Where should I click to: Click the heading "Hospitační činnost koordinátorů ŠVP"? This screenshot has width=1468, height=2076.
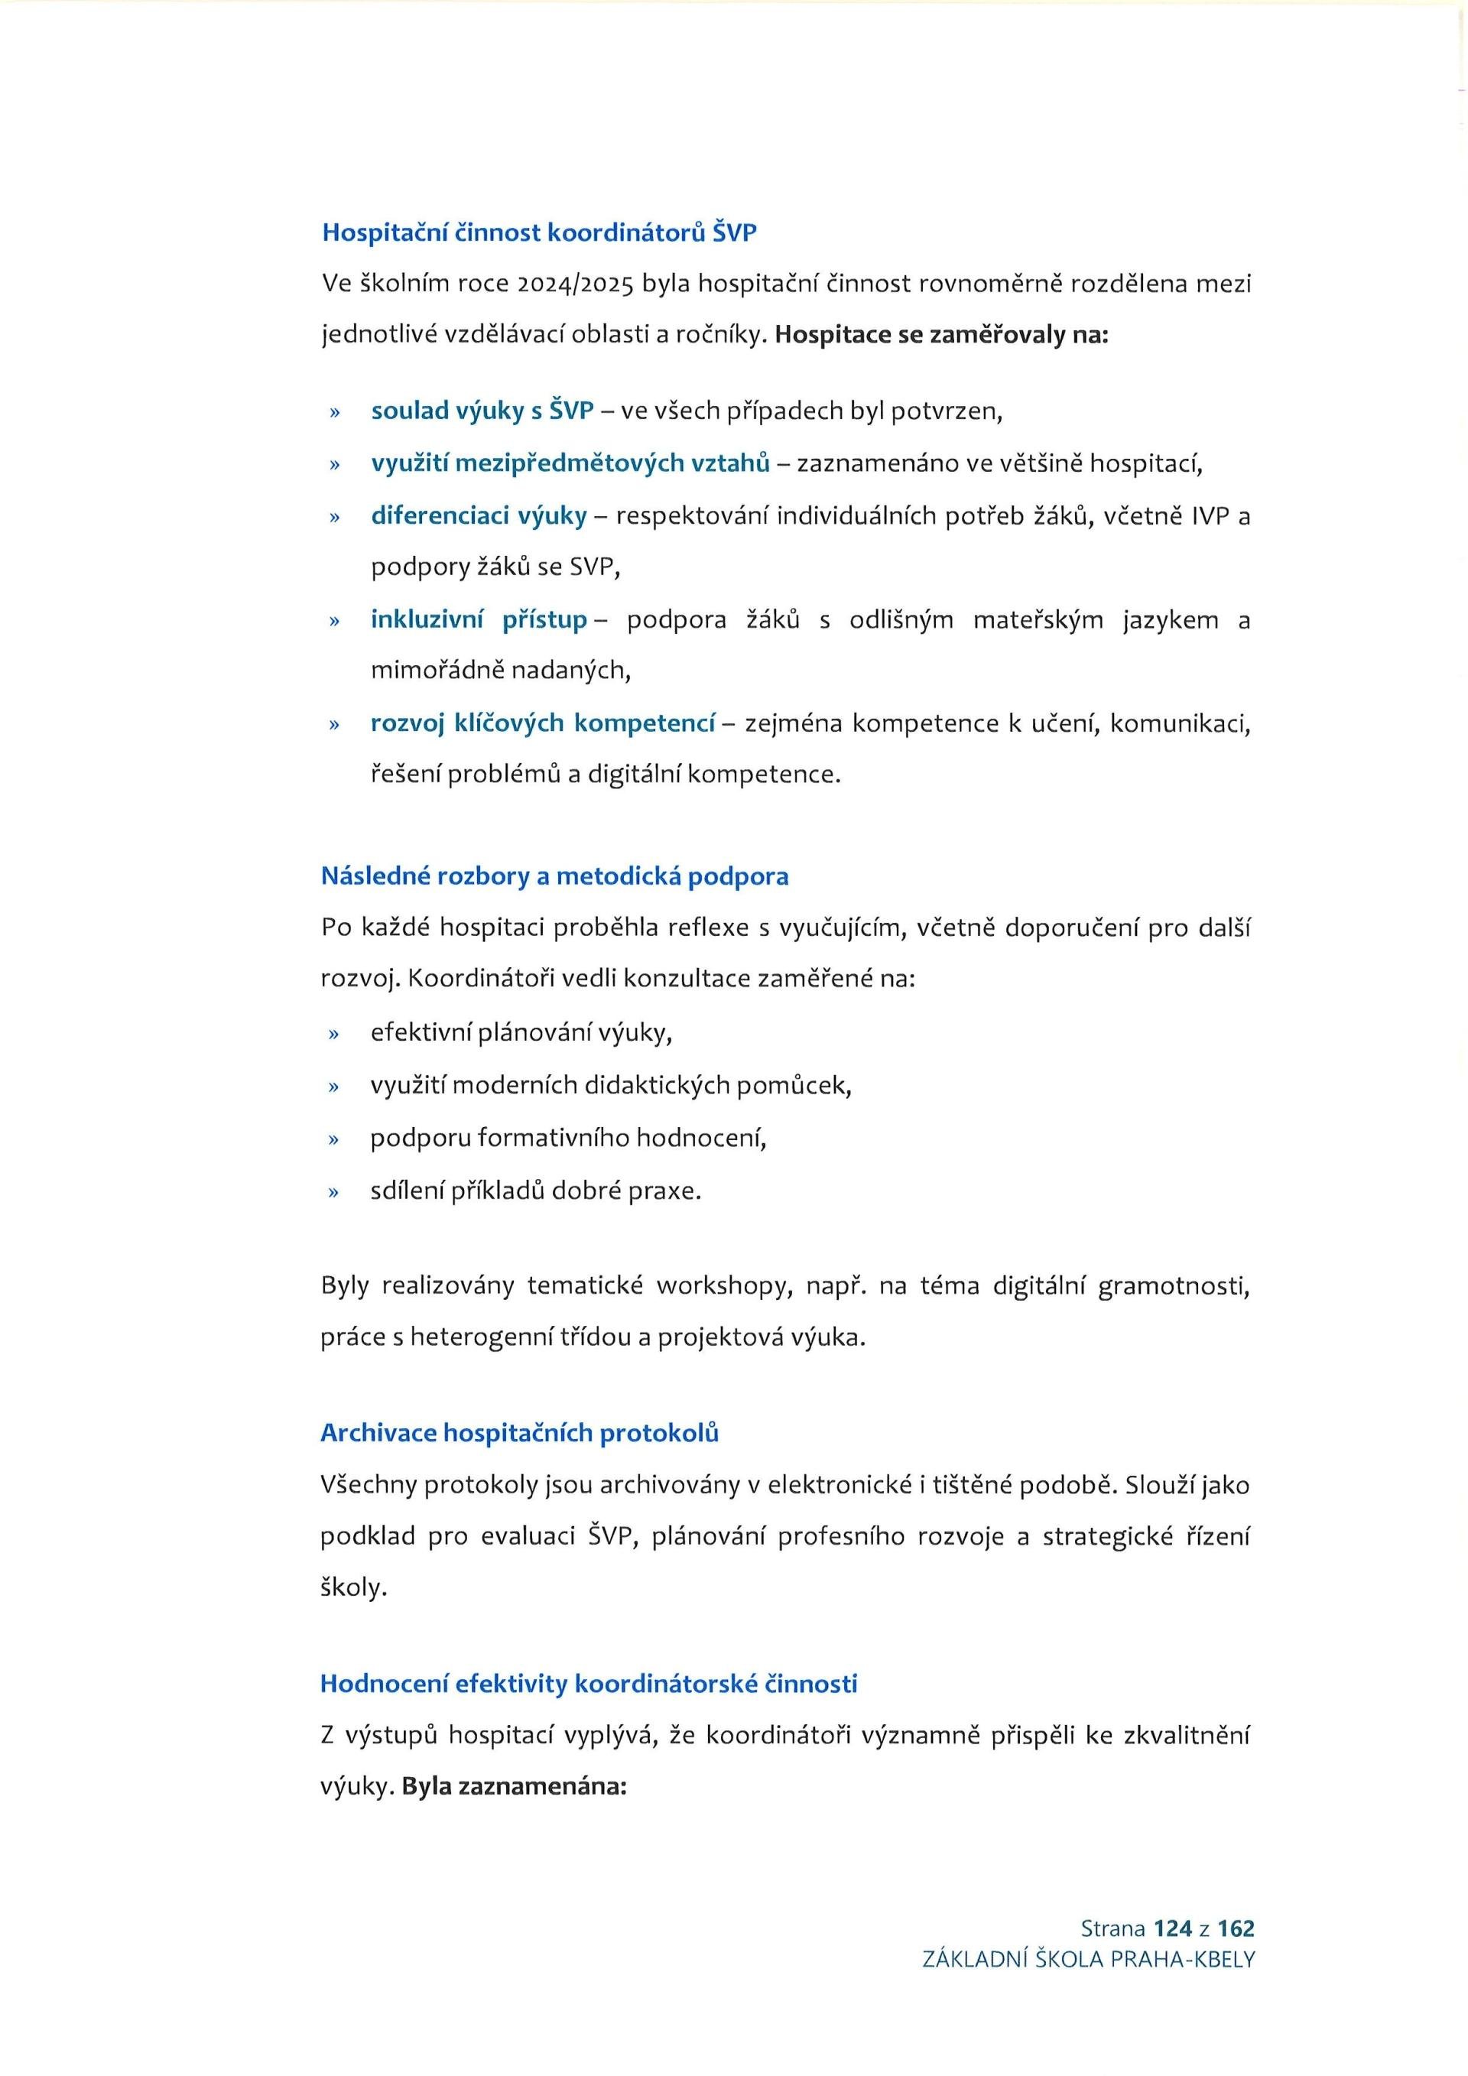tap(539, 232)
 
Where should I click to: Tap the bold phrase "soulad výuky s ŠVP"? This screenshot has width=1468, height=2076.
tap(482, 411)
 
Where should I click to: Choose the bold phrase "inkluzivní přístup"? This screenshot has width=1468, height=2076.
tap(479, 619)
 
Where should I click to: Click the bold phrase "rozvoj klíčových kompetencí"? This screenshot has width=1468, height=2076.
tap(542, 723)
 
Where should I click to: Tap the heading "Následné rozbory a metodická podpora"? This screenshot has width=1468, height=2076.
tap(554, 876)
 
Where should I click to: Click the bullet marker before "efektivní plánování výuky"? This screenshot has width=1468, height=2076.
tap(333, 1034)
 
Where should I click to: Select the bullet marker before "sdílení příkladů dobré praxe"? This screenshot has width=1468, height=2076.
tap(333, 1192)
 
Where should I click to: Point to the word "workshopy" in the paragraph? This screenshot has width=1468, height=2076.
tap(720, 1286)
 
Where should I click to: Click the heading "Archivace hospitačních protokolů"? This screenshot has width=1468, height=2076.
tap(520, 1433)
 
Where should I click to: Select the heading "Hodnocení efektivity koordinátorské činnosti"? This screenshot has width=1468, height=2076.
tap(589, 1684)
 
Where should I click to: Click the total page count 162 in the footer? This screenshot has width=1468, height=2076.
tap(1236, 1928)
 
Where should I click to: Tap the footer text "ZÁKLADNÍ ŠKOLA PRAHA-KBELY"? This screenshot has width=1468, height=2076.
tap(1088, 1959)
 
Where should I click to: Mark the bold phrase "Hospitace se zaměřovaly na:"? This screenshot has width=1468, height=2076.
tap(942, 335)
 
